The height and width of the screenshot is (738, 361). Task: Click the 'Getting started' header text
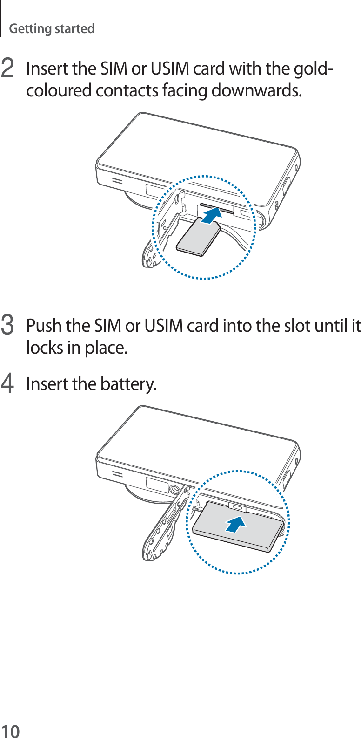tap(52, 29)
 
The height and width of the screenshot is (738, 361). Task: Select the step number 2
tap(7, 69)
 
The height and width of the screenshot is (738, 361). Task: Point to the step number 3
tap(7, 326)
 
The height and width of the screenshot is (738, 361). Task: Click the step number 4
tap(7, 384)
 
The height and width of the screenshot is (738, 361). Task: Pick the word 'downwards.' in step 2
tap(256, 90)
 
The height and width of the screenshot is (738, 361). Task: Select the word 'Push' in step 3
tap(44, 326)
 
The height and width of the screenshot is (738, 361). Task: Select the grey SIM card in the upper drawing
tap(199, 238)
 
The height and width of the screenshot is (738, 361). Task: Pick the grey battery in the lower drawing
tap(237, 526)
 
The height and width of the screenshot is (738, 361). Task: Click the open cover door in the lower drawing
tap(163, 526)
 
